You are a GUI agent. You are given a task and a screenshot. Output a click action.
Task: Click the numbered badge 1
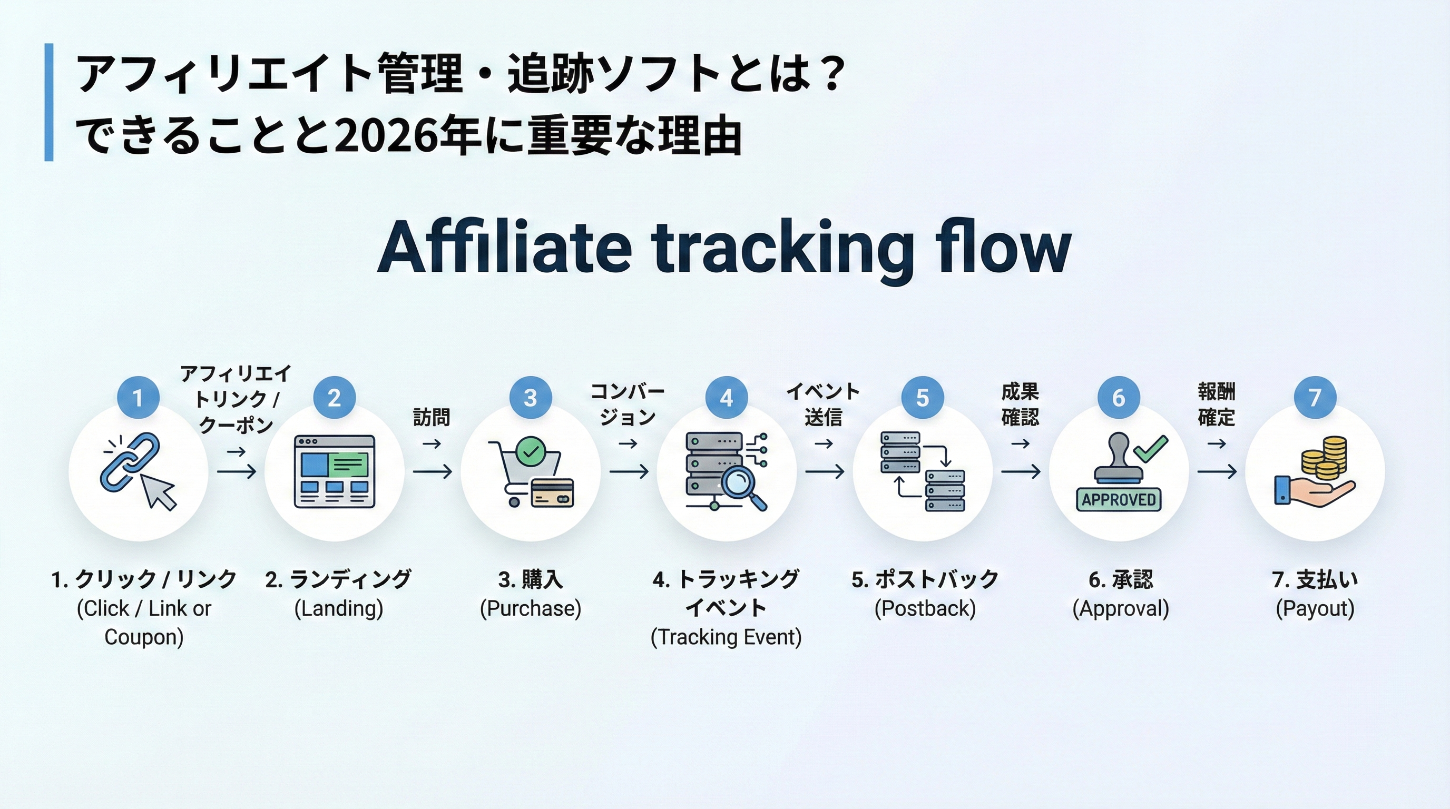click(138, 398)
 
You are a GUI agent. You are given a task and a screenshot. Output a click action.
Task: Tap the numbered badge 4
click(726, 398)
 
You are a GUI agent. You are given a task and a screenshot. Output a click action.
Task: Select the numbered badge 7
click(1315, 398)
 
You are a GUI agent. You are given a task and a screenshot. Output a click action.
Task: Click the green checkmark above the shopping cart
click(531, 451)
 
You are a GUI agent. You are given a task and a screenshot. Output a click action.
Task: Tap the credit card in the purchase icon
click(552, 492)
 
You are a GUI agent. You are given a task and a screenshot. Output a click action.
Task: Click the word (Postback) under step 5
click(925, 609)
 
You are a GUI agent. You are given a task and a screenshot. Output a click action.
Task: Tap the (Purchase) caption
click(530, 609)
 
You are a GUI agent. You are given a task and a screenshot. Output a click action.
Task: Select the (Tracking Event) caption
click(726, 637)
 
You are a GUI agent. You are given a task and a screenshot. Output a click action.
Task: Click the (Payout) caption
click(1315, 609)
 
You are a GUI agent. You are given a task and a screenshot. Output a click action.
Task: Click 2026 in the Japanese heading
click(385, 137)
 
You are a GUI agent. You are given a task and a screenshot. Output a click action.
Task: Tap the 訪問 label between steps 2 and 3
click(432, 418)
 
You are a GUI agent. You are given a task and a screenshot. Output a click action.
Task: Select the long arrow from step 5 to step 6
click(1021, 471)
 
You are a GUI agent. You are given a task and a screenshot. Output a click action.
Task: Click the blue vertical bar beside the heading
click(49, 102)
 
